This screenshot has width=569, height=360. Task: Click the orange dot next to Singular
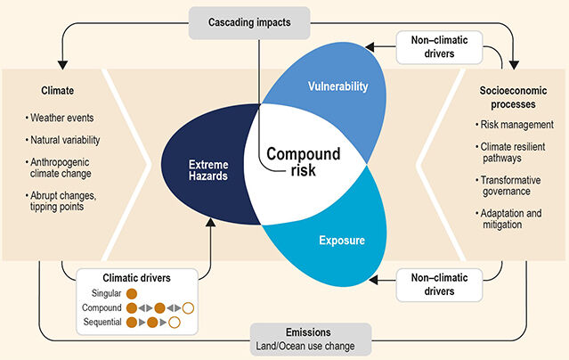132,292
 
